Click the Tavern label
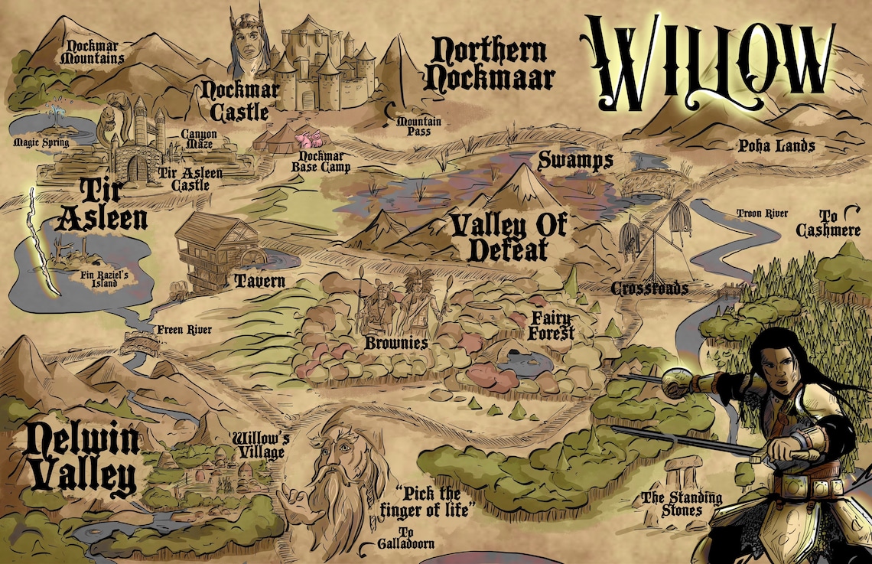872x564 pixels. pos(259,281)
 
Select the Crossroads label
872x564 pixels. pos(649,289)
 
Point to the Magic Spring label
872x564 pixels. pos(41,142)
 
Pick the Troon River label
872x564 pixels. pos(762,214)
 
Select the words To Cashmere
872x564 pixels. pos(829,223)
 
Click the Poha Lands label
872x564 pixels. pos(776,145)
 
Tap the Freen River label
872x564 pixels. pos(184,331)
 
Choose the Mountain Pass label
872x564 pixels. pos(414,126)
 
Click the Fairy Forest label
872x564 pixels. pos(551,325)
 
